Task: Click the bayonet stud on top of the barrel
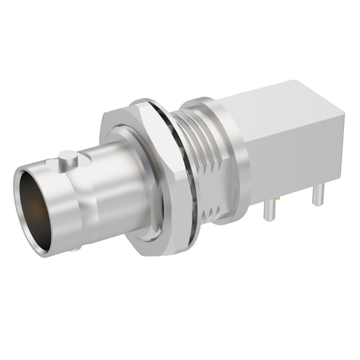pos(68,159)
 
